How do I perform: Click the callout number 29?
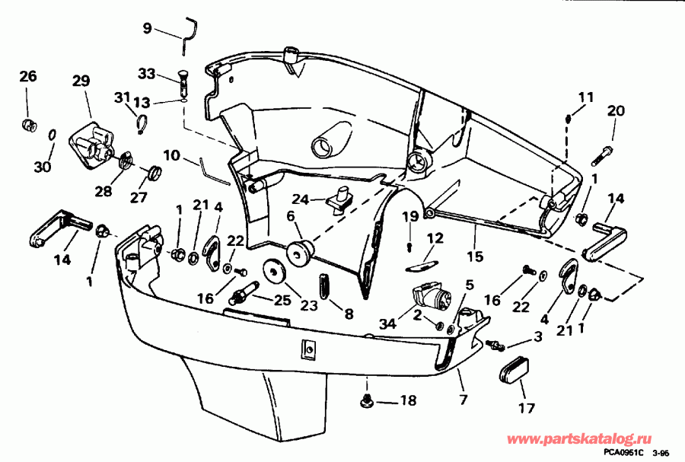point(81,81)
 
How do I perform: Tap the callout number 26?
point(27,76)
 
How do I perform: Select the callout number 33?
point(146,74)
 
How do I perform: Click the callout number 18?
point(409,400)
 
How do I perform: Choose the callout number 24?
point(301,200)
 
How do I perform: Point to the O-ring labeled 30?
point(50,135)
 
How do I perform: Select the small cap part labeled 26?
point(30,123)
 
